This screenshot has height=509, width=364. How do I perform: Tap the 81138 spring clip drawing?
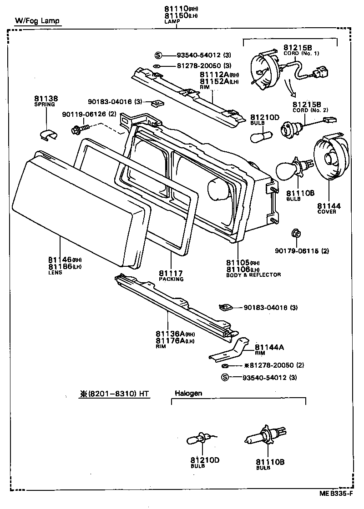click(48, 133)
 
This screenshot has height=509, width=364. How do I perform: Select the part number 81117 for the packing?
click(171, 273)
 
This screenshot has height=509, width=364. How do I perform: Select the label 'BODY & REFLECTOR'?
click(253, 274)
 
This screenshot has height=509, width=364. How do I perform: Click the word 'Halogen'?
click(188, 393)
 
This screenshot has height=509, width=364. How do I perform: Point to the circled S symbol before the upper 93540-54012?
click(158, 55)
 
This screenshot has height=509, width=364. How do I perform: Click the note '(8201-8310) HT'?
click(118, 394)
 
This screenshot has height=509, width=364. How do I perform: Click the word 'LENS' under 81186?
click(55, 273)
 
